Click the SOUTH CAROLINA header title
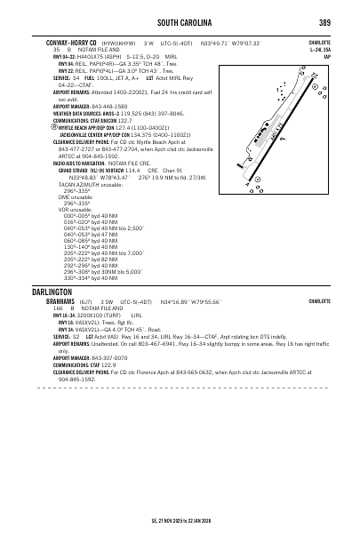point(182,21)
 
